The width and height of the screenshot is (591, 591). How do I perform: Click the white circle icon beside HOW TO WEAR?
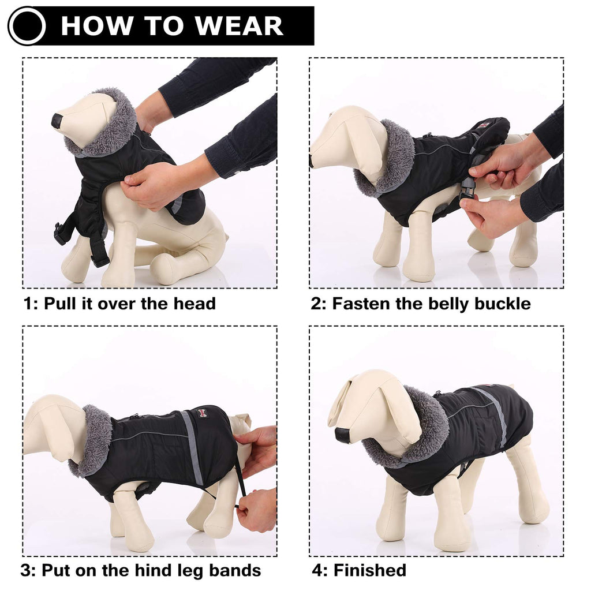[x=27, y=26]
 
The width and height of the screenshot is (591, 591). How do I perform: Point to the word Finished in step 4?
[x=369, y=571]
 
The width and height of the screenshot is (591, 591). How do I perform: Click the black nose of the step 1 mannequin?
[x=57, y=121]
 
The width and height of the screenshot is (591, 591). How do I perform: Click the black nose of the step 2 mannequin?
[x=312, y=160]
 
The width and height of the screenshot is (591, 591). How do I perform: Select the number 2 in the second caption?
[x=316, y=304]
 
